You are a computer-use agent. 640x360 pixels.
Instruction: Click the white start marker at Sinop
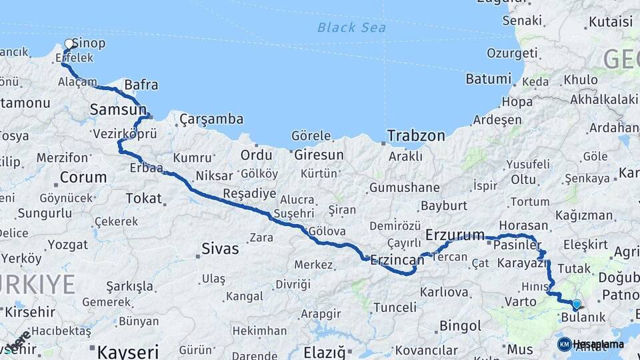coord(69,45)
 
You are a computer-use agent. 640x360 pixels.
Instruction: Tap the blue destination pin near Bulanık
coord(577,305)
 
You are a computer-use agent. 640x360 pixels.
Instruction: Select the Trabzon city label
coord(416,136)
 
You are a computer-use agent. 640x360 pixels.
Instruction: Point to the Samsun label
coord(118,109)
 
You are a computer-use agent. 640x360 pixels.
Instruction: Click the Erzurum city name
coord(455,235)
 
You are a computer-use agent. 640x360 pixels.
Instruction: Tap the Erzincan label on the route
coord(397,259)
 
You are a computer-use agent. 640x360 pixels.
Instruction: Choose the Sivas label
coord(220,249)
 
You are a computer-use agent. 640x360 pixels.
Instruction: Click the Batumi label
coord(488,79)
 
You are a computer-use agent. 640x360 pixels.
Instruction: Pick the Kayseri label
coord(128,351)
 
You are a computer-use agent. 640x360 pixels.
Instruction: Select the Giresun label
coord(318,155)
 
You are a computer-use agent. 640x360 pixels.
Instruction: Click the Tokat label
coord(143,198)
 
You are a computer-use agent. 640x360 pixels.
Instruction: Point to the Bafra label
coord(141,85)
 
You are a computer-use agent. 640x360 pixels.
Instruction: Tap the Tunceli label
coord(395,307)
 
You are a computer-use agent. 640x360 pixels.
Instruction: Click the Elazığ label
coord(323,351)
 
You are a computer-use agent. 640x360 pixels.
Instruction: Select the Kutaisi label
coord(610,22)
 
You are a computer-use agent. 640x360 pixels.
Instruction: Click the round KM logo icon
coord(564,344)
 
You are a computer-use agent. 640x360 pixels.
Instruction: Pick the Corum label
coord(83,177)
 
